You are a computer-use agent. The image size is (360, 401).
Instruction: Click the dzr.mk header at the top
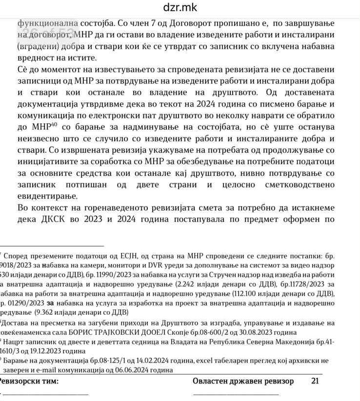tap(180, 8)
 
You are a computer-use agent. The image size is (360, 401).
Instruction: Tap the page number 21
tap(315, 381)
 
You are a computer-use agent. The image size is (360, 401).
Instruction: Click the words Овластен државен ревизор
tap(243, 381)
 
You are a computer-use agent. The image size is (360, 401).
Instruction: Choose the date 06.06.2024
tap(121, 370)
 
